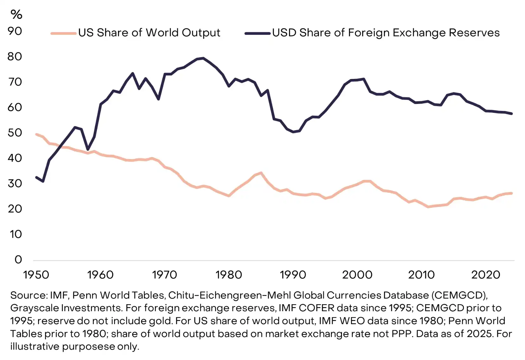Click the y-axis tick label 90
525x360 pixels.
[15, 31]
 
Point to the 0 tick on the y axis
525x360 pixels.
[18, 260]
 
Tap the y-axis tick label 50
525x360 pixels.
[15, 132]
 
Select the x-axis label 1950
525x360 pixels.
[36, 275]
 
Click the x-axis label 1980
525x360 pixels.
[229, 275]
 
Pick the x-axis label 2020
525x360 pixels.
[485, 275]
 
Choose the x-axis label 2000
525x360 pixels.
[357, 275]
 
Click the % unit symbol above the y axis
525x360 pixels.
[16, 14]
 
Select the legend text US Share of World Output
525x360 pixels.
[149, 33]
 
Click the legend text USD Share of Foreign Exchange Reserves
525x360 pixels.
[386, 33]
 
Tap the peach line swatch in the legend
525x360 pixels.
[64, 33]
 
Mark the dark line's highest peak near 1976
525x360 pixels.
[203, 58]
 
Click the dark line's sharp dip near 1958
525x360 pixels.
[88, 149]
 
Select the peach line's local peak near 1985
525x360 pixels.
[261, 173]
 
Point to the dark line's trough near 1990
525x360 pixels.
[293, 132]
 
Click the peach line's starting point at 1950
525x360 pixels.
[36, 134]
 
